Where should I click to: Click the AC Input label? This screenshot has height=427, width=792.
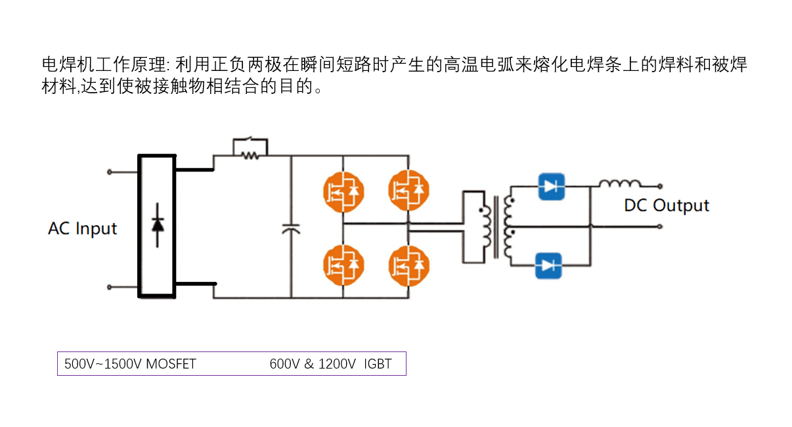coord(82,229)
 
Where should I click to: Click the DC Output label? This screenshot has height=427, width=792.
coord(666,206)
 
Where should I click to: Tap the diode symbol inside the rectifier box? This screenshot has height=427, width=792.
coord(157,225)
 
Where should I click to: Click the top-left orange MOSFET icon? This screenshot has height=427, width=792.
coord(343,191)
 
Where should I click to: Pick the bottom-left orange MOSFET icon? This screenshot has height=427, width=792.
coord(343,265)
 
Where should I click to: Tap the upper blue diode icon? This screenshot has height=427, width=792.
coord(550,186)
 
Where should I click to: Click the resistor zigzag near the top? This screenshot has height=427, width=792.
coord(250,156)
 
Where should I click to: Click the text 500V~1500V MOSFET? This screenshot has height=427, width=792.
coord(130,364)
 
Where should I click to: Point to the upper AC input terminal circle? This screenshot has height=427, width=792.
coord(110,172)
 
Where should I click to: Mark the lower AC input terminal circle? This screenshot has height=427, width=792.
coord(110,287)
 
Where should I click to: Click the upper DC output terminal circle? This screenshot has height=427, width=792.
coord(659,186)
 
